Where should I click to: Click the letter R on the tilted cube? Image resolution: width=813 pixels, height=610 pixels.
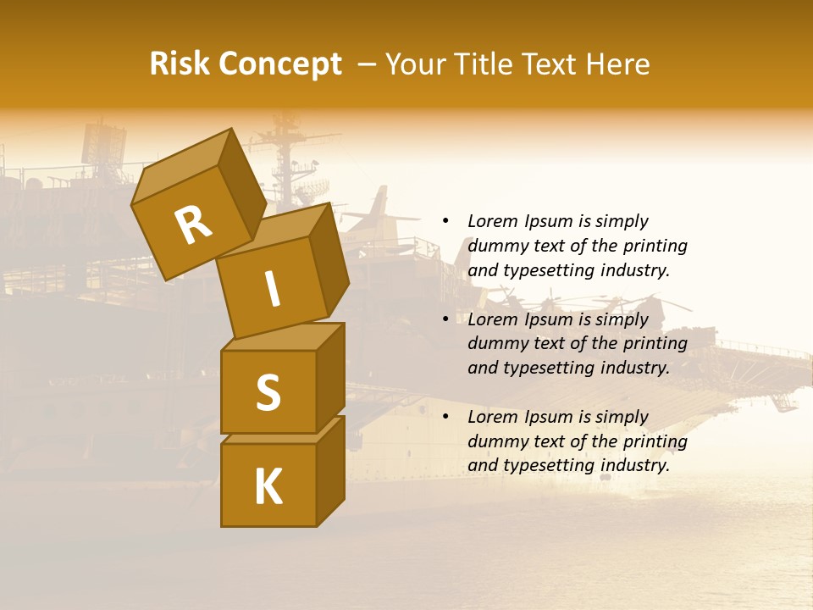point(194,225)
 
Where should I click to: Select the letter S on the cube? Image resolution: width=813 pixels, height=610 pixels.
point(268,391)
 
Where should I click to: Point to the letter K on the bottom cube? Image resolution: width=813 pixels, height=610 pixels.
point(268,486)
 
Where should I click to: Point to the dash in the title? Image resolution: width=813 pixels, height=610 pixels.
point(368,64)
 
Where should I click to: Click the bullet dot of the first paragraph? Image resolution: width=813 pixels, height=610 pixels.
point(445,221)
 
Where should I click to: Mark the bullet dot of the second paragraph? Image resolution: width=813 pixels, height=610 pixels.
point(445,319)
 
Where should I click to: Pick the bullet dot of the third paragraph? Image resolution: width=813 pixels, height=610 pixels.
point(445,417)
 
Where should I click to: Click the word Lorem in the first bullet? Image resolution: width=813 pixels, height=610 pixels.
point(492,221)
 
